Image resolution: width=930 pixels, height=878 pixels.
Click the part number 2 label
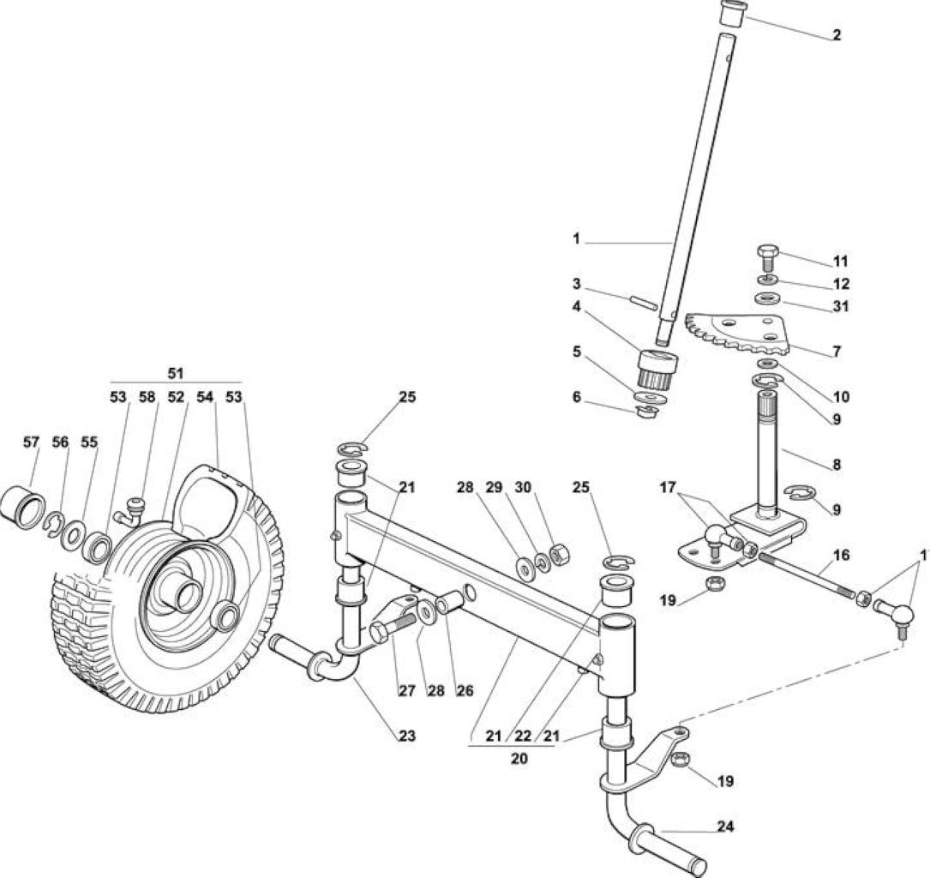click(837, 35)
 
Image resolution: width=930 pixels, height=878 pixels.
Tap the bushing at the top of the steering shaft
click(731, 13)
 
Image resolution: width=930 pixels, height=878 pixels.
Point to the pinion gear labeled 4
click(658, 368)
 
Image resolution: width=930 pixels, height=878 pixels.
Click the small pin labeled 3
click(642, 301)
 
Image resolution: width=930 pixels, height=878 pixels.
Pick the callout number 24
click(726, 826)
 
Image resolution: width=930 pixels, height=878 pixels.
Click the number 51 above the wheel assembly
click(176, 374)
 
